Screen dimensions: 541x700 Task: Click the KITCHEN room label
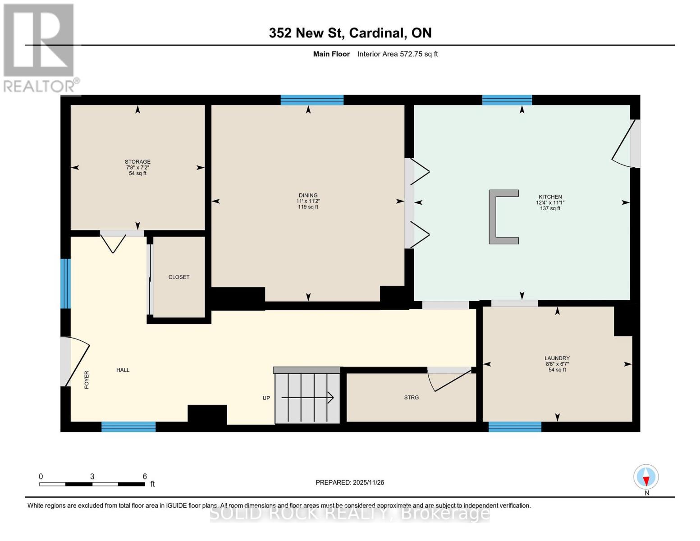click(550, 197)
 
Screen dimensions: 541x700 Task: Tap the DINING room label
click(308, 195)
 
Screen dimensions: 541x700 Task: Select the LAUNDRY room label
click(557, 358)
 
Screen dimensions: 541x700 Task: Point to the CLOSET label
click(179, 277)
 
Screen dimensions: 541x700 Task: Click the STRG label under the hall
click(411, 398)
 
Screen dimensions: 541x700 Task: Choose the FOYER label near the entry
click(87, 380)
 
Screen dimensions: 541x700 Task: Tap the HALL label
click(123, 370)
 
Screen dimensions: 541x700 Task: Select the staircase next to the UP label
click(307, 397)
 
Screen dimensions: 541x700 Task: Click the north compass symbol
click(646, 477)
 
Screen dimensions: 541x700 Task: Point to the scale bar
click(92, 484)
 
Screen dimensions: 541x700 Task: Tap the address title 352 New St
click(350, 33)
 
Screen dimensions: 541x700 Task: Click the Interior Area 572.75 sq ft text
click(398, 54)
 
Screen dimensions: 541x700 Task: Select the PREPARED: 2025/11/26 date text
click(350, 482)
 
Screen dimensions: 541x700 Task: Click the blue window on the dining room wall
click(312, 100)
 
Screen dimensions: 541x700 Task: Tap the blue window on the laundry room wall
click(515, 426)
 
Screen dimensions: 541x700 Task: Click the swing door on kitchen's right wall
click(627, 143)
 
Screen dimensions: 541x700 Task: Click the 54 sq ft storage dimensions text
click(137, 173)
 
